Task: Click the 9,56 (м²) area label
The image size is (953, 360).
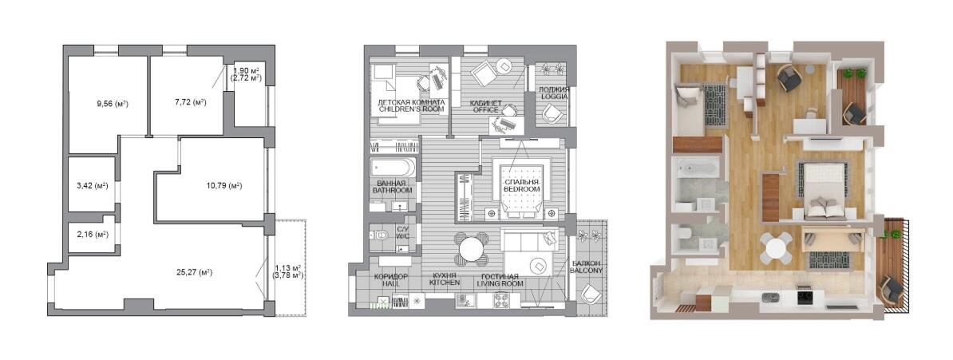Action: pyautogui.click(x=113, y=104)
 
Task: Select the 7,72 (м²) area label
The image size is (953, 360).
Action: pyautogui.click(x=190, y=102)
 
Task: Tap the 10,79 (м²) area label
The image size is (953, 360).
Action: pyautogui.click(x=224, y=186)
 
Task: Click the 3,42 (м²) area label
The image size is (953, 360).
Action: pyautogui.click(x=93, y=186)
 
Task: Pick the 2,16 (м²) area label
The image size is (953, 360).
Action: pyautogui.click(x=93, y=234)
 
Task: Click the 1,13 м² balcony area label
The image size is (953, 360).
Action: pyautogui.click(x=289, y=267)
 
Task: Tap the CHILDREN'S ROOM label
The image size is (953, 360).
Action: pyautogui.click(x=412, y=109)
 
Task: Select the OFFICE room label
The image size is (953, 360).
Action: pyautogui.click(x=484, y=110)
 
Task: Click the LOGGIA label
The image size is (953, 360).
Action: pyautogui.click(x=554, y=97)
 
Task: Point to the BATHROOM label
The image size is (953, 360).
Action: pyautogui.click(x=393, y=190)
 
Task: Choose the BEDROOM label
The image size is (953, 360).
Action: pyautogui.click(x=521, y=190)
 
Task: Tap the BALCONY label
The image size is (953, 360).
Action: pyautogui.click(x=587, y=270)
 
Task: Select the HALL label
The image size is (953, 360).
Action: pyautogui.click(x=391, y=283)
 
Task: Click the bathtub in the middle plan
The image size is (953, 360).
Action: pyautogui.click(x=393, y=168)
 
